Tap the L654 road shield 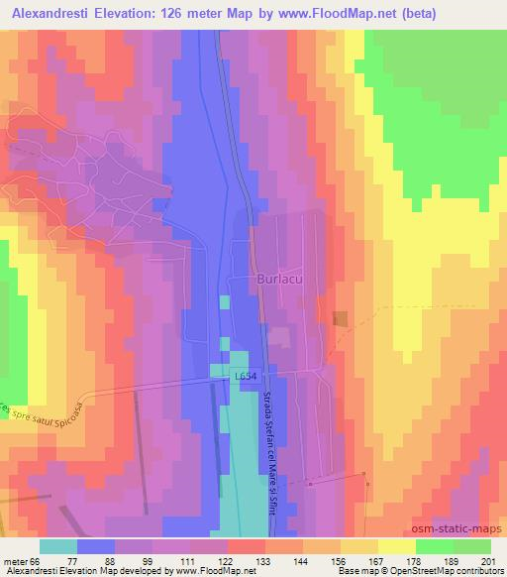pyautogui.click(x=247, y=377)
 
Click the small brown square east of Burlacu pyautogui.click(x=341, y=318)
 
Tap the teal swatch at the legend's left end pyautogui.click(x=58, y=545)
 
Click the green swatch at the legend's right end pyautogui.click(x=472, y=545)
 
